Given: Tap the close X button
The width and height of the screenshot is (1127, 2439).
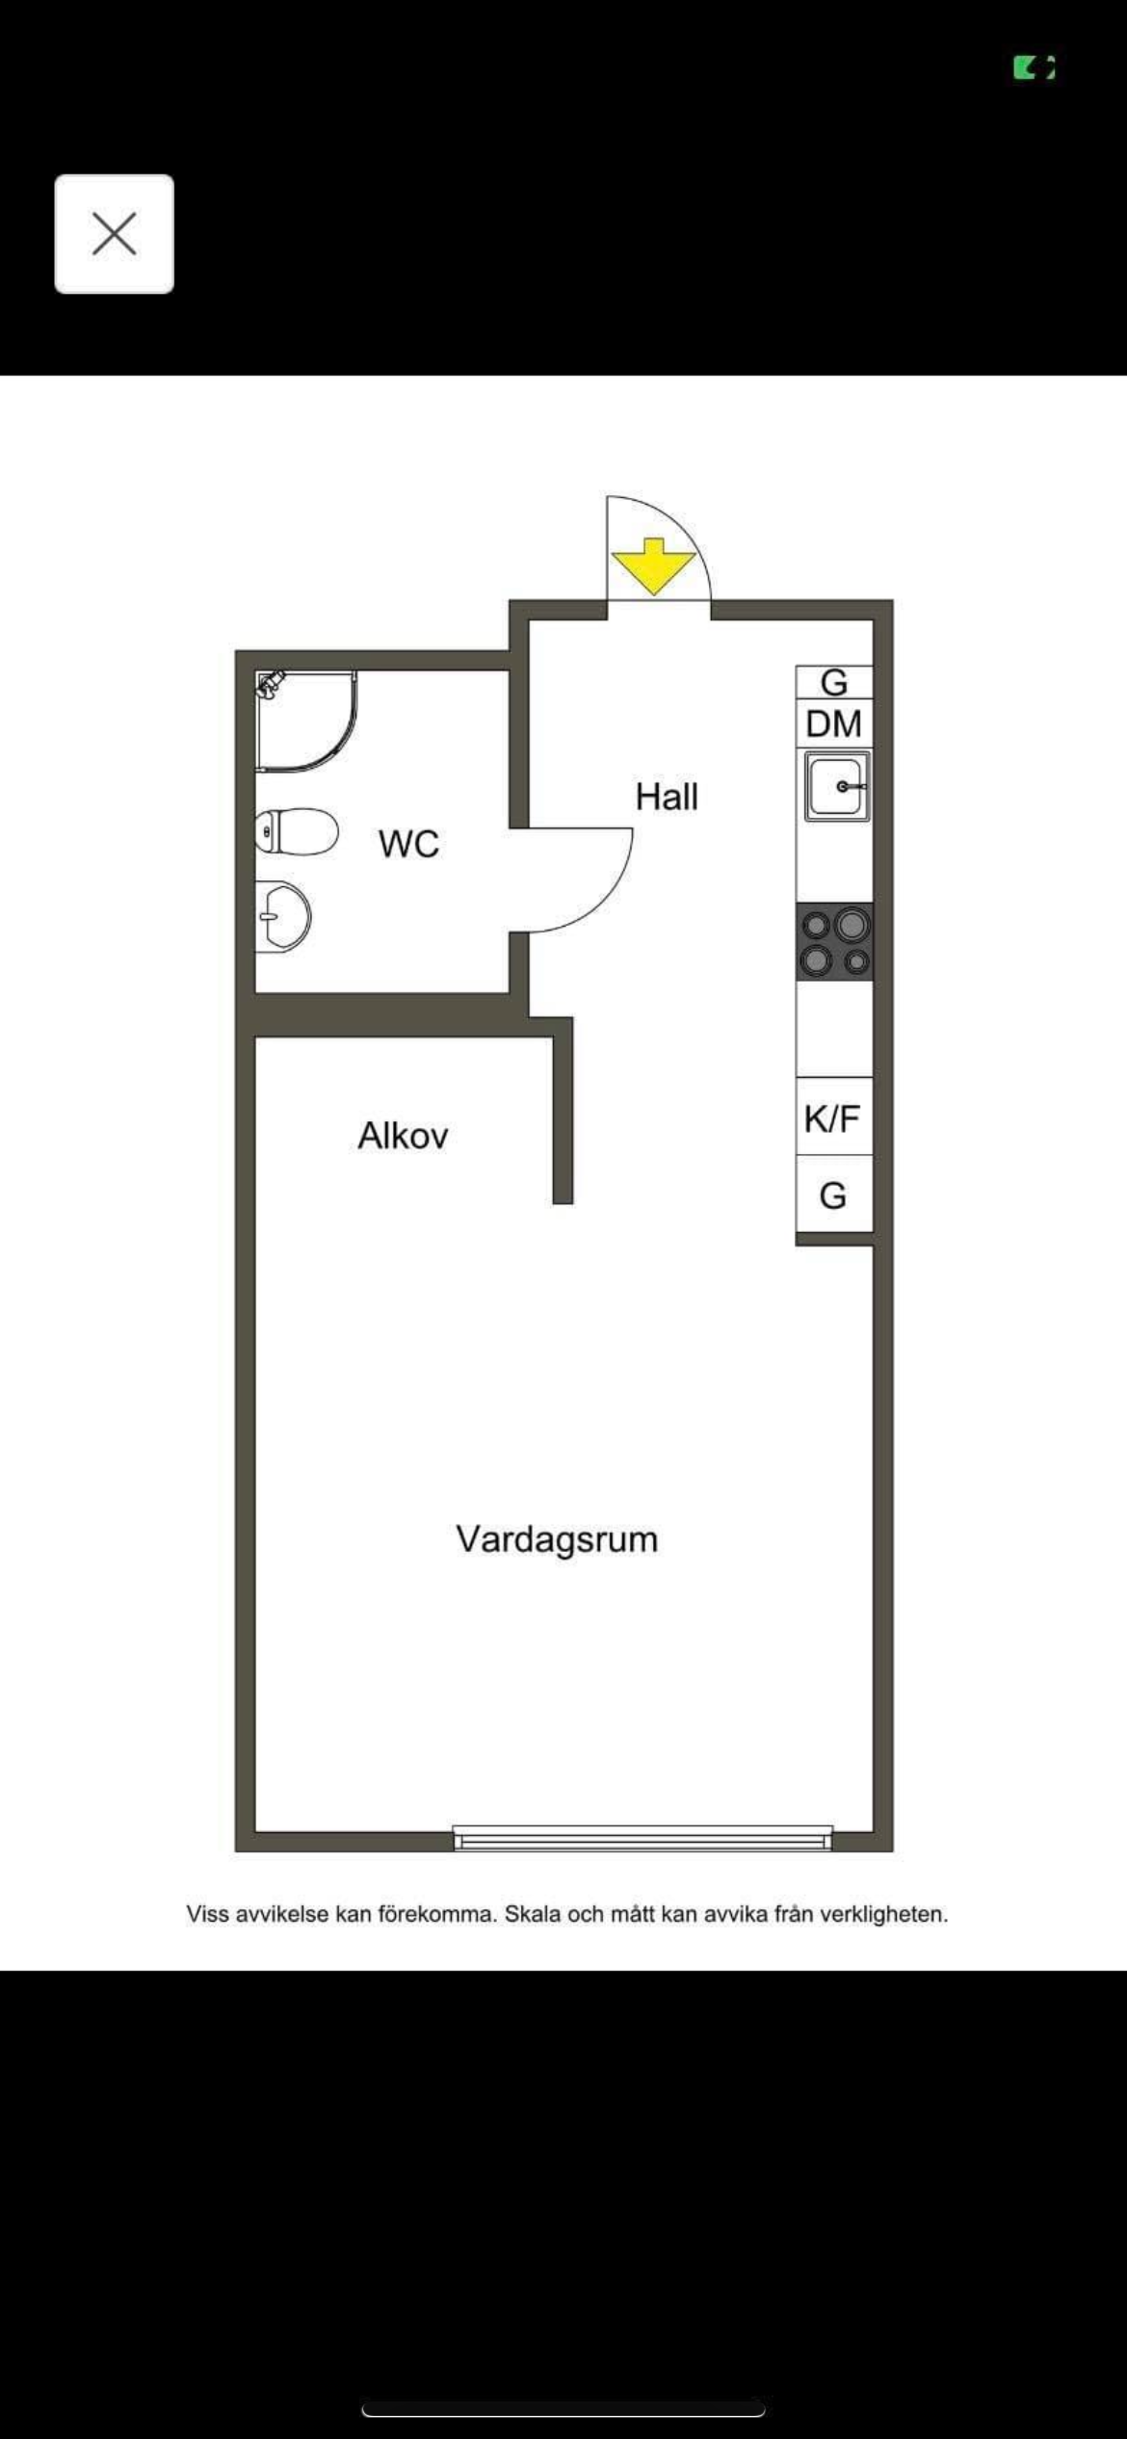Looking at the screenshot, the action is tap(114, 234).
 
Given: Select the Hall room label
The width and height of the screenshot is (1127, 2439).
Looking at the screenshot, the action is tap(667, 797).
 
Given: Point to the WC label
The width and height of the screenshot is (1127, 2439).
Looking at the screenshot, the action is tap(409, 844).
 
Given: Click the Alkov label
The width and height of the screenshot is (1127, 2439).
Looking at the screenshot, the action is tap(403, 1136).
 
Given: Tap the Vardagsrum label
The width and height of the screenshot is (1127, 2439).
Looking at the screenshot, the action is tap(557, 1539).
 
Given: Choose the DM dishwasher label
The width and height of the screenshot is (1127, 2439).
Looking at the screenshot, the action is tap(833, 723).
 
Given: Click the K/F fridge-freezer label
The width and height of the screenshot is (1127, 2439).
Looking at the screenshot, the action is tap(832, 1118).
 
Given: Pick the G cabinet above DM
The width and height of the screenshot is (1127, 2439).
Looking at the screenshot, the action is tap(834, 682).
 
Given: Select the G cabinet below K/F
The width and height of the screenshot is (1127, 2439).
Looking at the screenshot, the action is tap(833, 1194).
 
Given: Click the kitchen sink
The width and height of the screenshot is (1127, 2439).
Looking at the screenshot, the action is tap(838, 786).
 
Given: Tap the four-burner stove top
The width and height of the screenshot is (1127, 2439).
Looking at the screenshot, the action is tap(834, 942).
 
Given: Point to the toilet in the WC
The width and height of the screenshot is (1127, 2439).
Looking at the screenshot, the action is tap(297, 831).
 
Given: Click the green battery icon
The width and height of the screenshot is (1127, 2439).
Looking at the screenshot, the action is tap(1034, 67).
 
